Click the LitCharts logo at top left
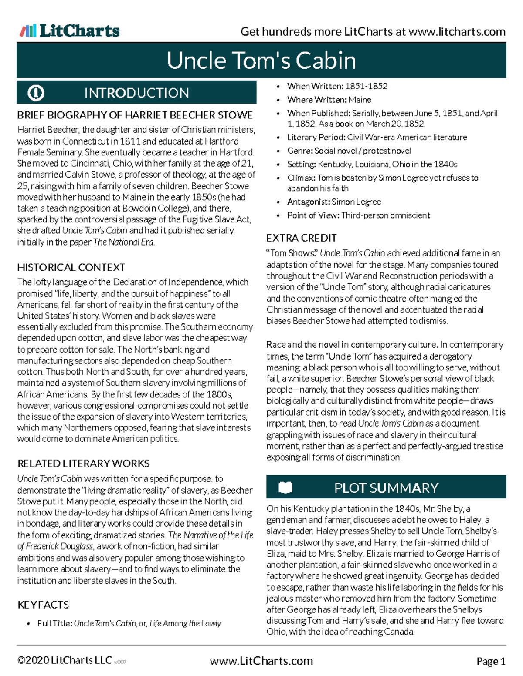click(x=70, y=31)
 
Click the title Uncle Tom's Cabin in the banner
click(x=261, y=61)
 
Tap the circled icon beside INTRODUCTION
click(x=36, y=93)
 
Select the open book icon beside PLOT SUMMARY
click(x=285, y=488)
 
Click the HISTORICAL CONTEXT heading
click(x=71, y=267)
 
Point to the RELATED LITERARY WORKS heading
click(x=83, y=463)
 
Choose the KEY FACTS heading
click(x=43, y=605)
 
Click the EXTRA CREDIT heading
click(x=301, y=238)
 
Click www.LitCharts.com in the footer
click(x=261, y=661)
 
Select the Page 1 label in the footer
click(x=491, y=662)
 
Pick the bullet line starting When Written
click(x=337, y=86)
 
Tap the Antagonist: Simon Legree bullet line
click(x=334, y=202)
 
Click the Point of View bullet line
click(x=358, y=215)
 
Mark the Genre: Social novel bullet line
click(x=349, y=151)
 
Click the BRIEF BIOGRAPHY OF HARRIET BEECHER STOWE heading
click(x=135, y=115)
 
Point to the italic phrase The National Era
click(x=123, y=242)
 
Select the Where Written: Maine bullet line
click(x=329, y=100)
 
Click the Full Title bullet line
click(x=129, y=623)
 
